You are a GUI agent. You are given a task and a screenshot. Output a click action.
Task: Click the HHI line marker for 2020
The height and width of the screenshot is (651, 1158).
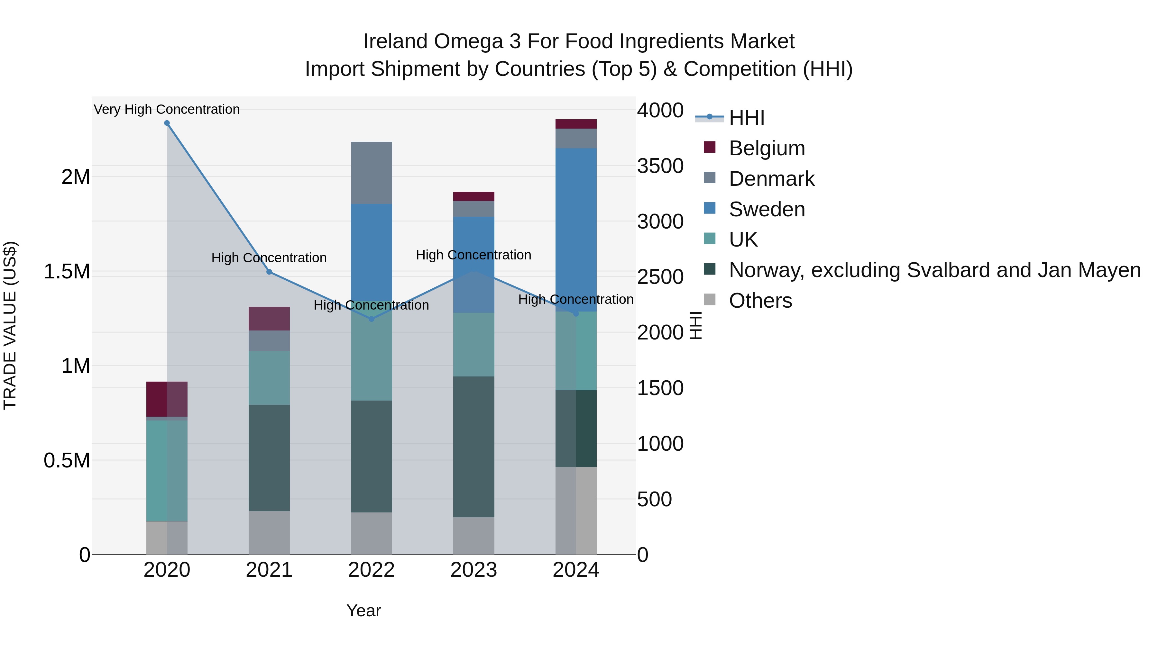[167, 123]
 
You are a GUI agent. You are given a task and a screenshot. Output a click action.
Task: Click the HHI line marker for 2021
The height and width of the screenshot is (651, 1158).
[269, 272]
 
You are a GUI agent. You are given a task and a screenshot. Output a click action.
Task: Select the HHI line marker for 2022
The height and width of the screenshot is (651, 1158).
[371, 319]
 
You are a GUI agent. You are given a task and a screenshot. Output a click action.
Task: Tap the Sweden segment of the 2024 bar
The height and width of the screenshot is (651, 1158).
[576, 229]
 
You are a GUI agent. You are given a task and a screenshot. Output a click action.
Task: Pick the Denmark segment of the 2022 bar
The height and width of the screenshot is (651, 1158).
[371, 173]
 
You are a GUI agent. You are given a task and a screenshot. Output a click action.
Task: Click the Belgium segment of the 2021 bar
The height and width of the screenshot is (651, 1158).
[269, 319]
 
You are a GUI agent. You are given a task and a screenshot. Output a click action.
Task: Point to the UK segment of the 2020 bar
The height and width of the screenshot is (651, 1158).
[167, 470]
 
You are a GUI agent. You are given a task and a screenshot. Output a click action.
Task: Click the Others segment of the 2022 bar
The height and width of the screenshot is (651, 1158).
[371, 533]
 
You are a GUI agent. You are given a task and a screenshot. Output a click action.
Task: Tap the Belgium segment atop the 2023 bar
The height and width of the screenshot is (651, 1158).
[473, 196]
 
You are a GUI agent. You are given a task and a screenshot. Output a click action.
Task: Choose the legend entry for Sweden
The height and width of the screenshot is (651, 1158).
[767, 209]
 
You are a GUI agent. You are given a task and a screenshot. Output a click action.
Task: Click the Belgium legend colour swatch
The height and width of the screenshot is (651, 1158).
[709, 147]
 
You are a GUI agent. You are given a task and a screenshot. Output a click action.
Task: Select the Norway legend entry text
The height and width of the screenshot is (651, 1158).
[934, 270]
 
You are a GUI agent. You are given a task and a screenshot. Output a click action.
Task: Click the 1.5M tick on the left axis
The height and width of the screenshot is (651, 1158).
[67, 272]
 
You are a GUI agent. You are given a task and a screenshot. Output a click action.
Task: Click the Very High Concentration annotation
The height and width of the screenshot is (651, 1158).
[167, 109]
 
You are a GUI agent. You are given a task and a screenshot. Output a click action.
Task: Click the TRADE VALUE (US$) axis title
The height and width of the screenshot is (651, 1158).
[10, 325]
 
